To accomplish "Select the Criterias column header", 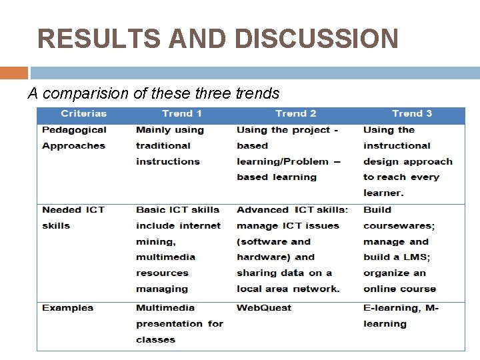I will click(x=84, y=113).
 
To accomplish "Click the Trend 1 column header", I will click(x=182, y=113).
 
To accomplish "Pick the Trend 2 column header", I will click(x=296, y=113).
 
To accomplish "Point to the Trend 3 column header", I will click(x=412, y=113).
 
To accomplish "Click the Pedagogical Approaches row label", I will click(x=74, y=138).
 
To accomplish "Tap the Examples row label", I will click(x=68, y=308).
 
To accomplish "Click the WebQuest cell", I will click(x=264, y=308).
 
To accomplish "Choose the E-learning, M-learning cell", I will click(x=401, y=316).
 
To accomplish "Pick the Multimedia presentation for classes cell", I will click(x=179, y=324).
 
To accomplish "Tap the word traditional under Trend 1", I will click(x=163, y=145).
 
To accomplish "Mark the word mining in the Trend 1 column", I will click(x=154, y=241).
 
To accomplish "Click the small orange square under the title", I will click(x=14, y=73).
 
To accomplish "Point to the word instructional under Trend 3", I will click(x=397, y=145).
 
